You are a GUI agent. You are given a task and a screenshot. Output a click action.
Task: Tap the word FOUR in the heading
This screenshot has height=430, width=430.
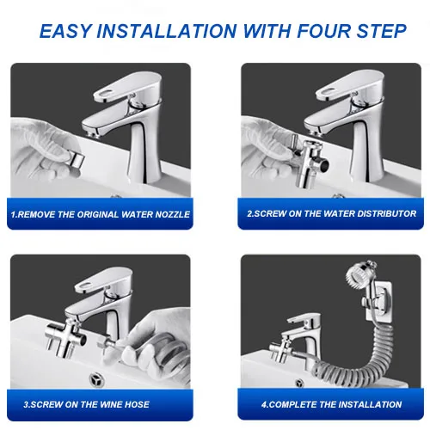pos(322,31)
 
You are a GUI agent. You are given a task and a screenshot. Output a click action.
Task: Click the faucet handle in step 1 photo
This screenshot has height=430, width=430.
pos(127,85)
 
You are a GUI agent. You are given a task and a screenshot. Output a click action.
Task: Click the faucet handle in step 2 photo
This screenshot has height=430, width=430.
pos(350,85)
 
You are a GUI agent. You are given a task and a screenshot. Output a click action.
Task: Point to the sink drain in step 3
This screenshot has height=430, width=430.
pos(96,379)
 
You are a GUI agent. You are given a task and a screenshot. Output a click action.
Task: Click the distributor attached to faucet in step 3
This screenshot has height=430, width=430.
pos(65,337)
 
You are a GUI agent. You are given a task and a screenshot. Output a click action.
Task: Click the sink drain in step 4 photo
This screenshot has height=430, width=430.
pos(299,383)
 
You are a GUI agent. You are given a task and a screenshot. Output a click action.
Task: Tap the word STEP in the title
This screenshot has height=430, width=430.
pos(382,31)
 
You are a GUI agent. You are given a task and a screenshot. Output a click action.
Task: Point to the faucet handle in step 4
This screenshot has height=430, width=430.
pos(304,318)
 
